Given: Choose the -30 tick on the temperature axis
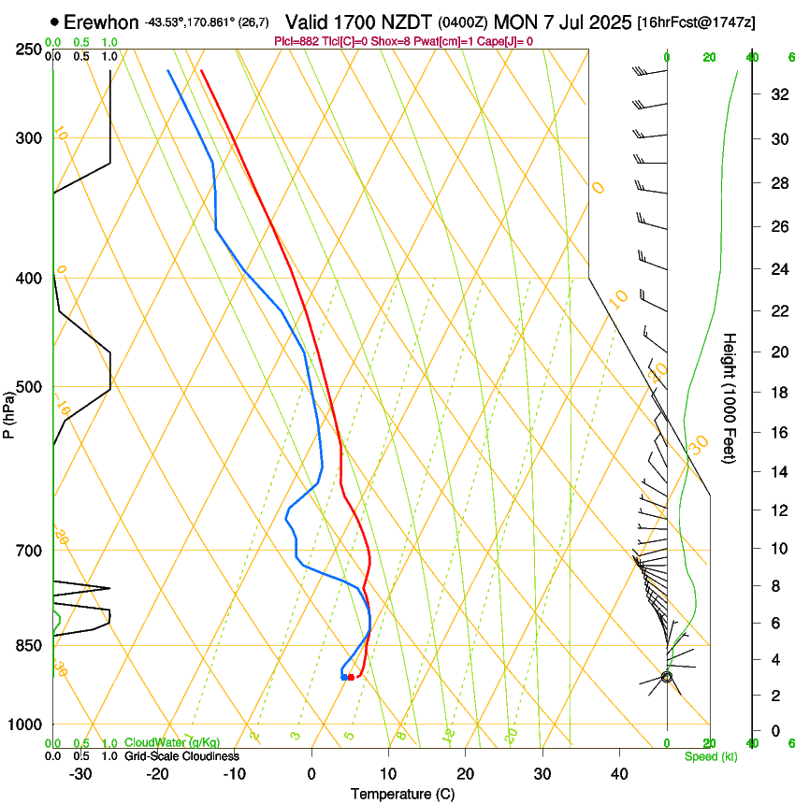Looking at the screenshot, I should pos(80,774).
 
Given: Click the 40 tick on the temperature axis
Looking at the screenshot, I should pos(618,774).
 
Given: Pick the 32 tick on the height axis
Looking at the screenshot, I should pos(777,94).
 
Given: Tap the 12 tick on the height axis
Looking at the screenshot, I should pos(777,510).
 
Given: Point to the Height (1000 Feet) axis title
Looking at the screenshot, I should pos(730,397).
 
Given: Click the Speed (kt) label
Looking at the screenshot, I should pos(711,755).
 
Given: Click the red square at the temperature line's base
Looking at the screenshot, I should pos(351,677).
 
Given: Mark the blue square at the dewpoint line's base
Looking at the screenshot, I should pos(344,677).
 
